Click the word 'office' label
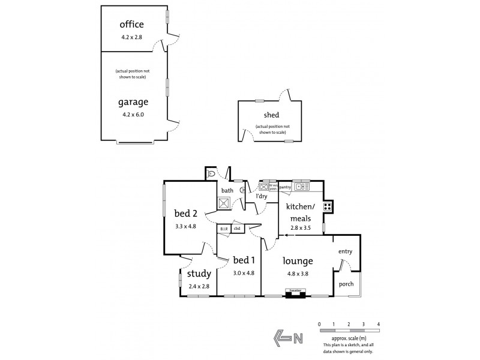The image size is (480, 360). point(131,25)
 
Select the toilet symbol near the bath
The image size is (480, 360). point(211,174)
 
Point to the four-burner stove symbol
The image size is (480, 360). point(328,207)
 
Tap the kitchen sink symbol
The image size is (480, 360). point(301,186)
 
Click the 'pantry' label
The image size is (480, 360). point(285,187)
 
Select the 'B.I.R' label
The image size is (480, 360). point(224,229)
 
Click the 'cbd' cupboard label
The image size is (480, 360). point(237,229)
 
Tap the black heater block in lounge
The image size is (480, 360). point(295,294)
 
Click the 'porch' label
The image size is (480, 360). point(346,284)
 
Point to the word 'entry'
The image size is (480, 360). point(345,251)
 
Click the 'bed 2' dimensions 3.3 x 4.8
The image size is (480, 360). point(185,226)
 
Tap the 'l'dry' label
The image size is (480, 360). point(262,196)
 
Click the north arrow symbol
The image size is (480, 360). point(287,338)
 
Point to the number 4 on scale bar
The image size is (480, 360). point(379,325)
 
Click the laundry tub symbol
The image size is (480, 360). point(263,186)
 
